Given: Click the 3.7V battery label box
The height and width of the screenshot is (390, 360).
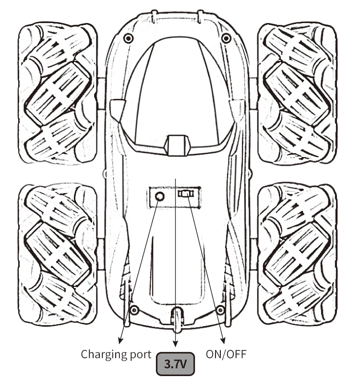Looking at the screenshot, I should [175, 365].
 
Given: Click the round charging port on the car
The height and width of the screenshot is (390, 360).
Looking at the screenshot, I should [159, 196].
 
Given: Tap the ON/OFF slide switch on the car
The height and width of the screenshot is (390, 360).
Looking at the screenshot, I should [186, 195].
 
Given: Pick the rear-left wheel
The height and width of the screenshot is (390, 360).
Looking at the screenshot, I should [58, 255].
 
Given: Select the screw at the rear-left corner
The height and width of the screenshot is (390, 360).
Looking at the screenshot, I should [135, 309].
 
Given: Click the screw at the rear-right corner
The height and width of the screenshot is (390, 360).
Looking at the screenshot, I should [220, 309].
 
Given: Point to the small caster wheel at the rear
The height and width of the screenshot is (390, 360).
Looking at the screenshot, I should [177, 319].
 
